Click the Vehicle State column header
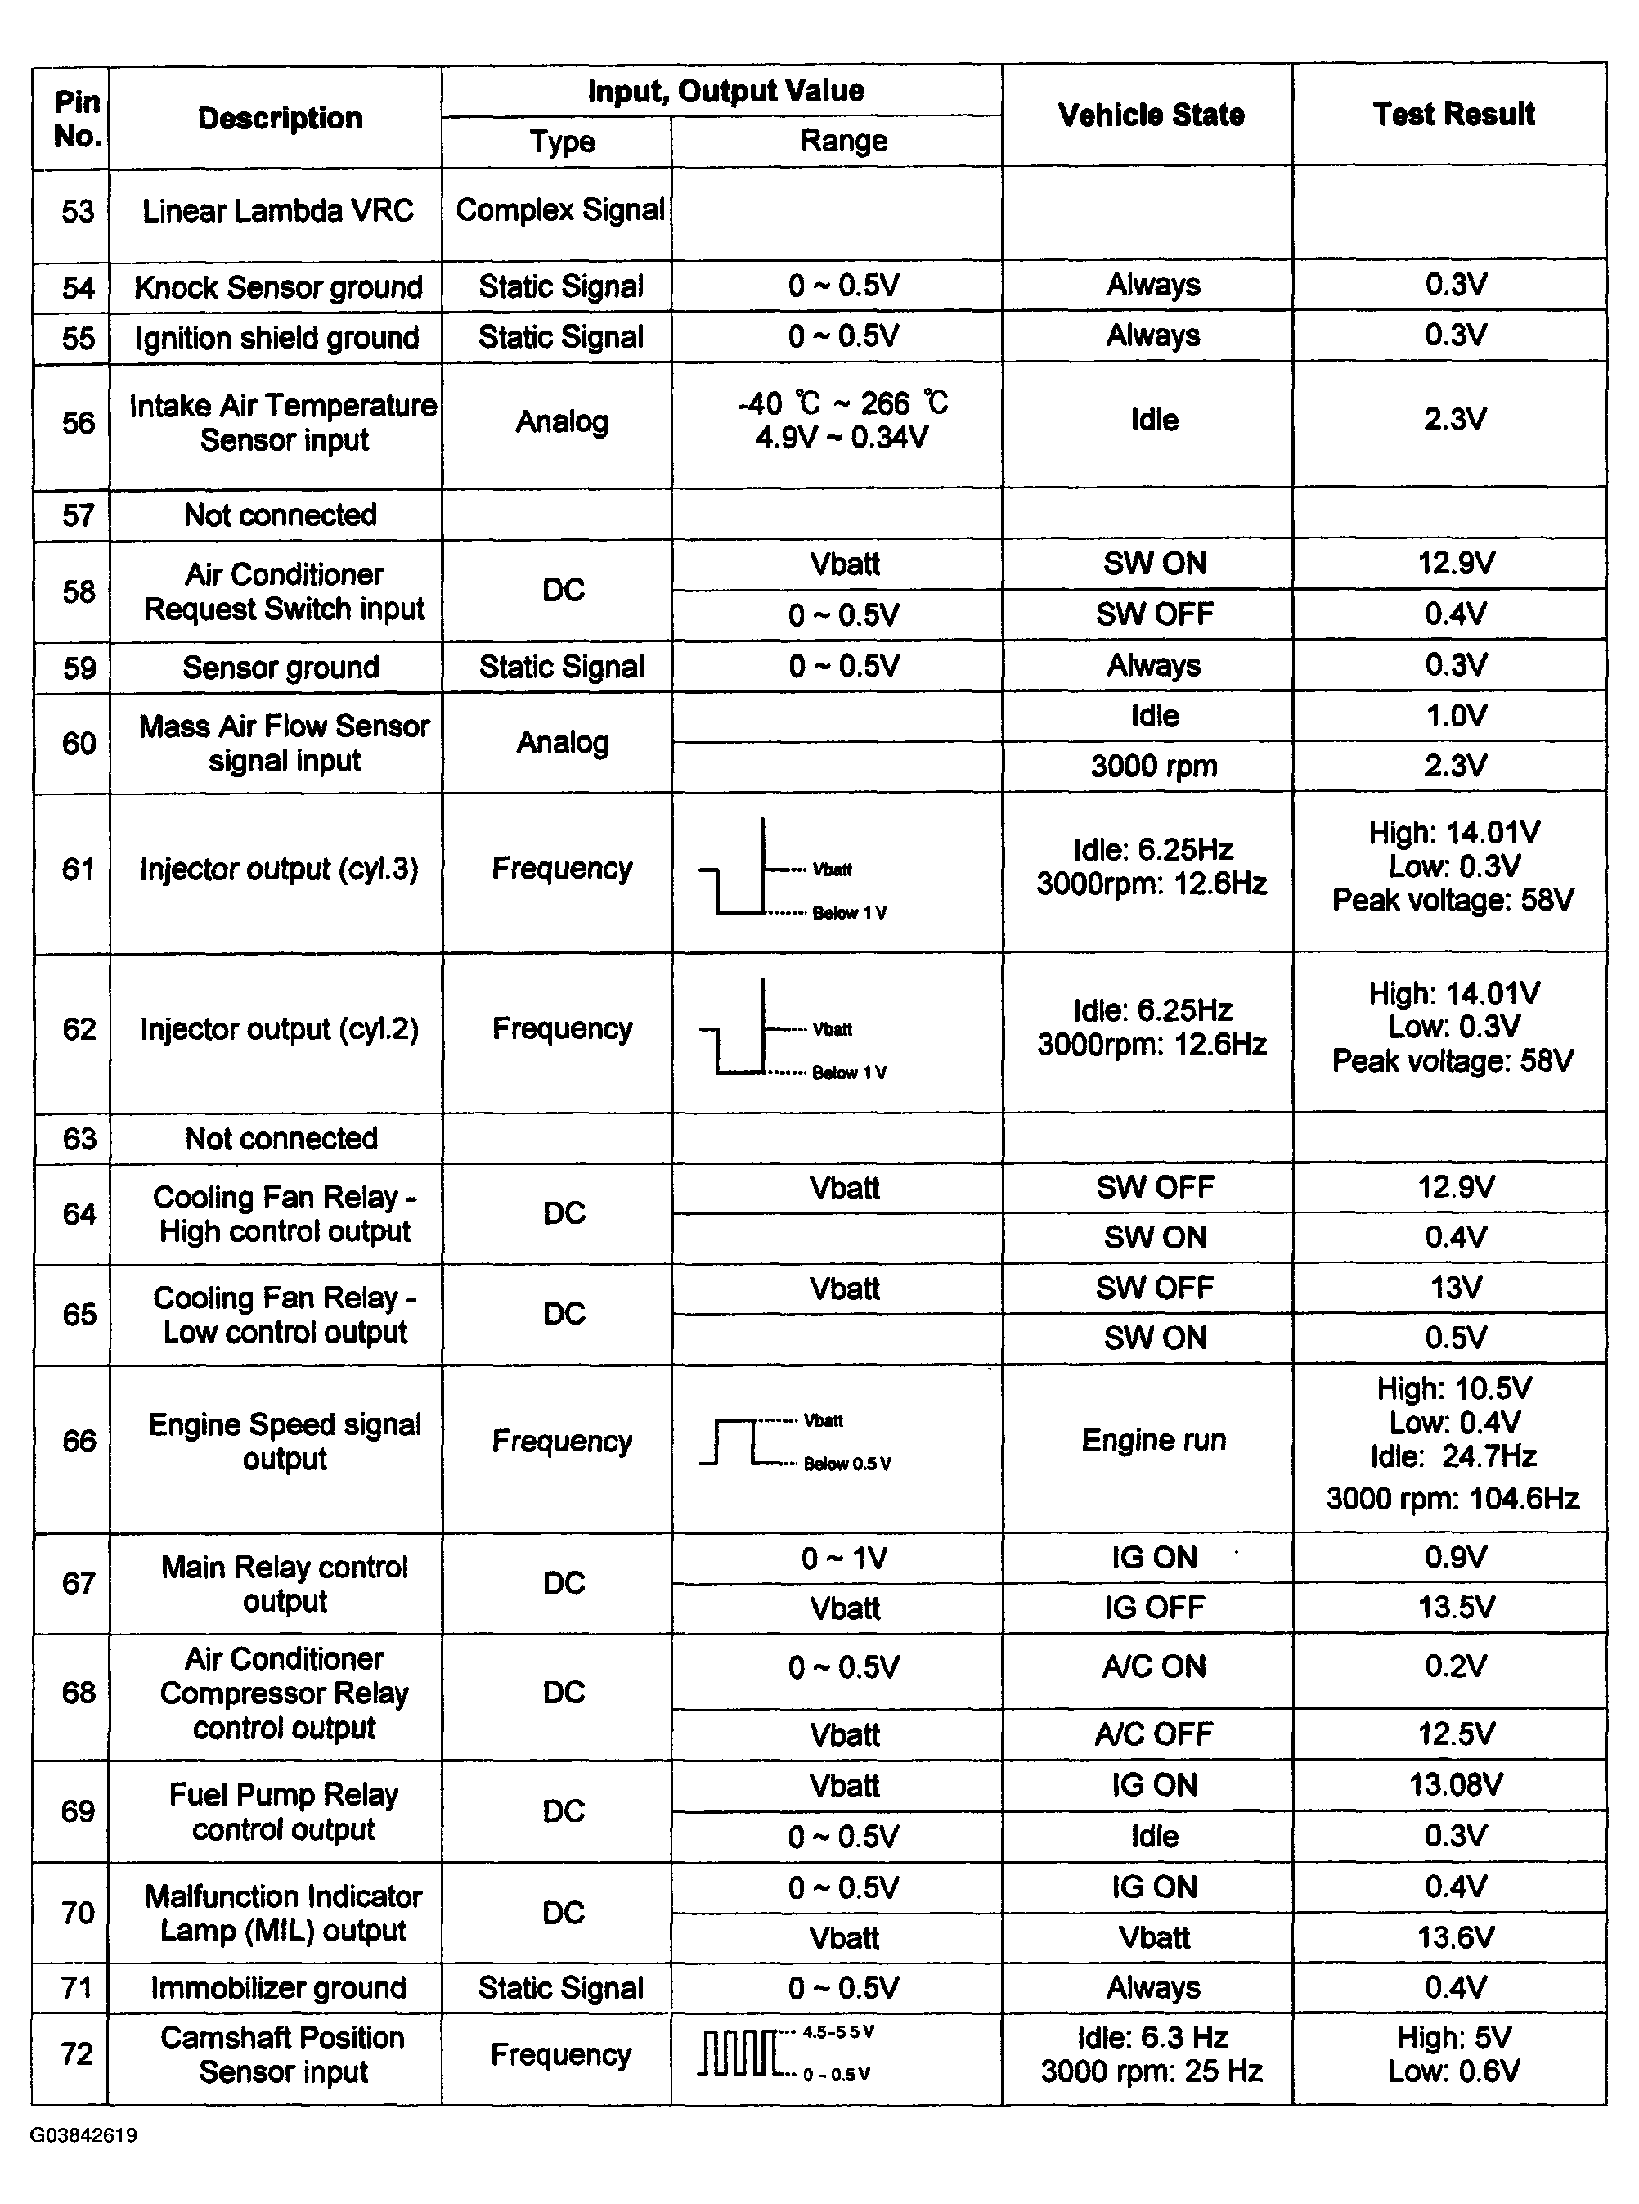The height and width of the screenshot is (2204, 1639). pyautogui.click(x=1151, y=115)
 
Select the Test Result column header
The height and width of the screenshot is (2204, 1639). pyautogui.click(x=1453, y=115)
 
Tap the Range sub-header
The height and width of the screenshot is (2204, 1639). pyautogui.click(x=843, y=142)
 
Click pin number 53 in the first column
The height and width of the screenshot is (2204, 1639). pyautogui.click(x=79, y=211)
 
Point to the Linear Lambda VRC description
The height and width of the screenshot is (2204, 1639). pyautogui.click(x=278, y=210)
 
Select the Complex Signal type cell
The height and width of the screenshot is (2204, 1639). pyautogui.click(x=559, y=210)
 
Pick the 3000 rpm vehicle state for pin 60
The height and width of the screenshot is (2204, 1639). pyautogui.click(x=1153, y=766)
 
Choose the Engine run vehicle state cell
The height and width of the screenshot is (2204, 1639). pyautogui.click(x=1153, y=1440)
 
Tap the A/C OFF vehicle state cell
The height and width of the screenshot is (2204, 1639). pyautogui.click(x=1153, y=1734)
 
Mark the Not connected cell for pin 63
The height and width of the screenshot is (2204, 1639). pyautogui.click(x=281, y=1138)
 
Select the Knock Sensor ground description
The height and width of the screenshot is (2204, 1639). pyautogui.click(x=278, y=288)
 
